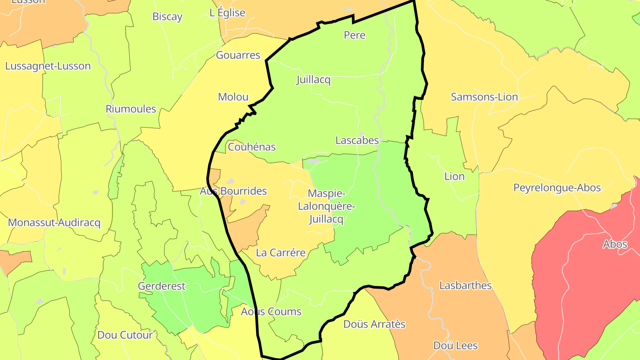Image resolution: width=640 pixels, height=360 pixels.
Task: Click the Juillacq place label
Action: (314, 80)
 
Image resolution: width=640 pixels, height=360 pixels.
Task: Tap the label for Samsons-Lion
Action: (484, 97)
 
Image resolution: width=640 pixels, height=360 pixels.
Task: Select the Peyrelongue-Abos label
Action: (557, 188)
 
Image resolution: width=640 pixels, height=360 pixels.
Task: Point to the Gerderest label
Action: (161, 286)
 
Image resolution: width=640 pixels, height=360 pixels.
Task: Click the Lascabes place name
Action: (357, 140)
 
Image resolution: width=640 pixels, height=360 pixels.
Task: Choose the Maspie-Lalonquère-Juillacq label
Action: (326, 206)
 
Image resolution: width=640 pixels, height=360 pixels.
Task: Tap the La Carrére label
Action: (280, 253)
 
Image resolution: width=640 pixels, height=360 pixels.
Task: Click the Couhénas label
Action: (252, 147)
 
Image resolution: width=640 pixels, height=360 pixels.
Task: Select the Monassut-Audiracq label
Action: (54, 223)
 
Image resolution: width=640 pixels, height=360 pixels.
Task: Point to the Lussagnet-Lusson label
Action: (48, 66)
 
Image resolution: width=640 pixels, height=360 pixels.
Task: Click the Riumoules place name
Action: (131, 109)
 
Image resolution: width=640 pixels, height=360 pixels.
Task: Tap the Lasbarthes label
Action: (465, 285)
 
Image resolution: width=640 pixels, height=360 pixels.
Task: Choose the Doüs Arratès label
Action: (374, 324)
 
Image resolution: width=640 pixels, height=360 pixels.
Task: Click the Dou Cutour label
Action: (125, 335)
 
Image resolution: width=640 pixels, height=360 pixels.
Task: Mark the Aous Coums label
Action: (271, 312)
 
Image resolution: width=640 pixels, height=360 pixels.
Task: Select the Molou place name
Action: (233, 97)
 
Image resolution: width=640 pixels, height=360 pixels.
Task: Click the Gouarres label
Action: (238, 55)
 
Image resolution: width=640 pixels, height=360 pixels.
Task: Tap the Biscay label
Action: (167, 17)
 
